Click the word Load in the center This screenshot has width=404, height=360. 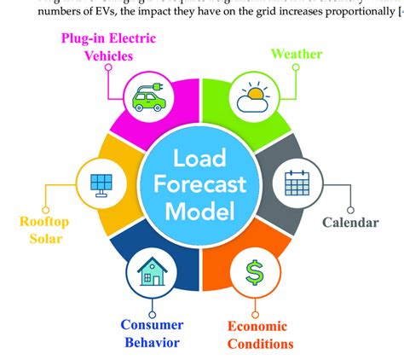(x=201, y=160)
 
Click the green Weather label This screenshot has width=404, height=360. (x=297, y=54)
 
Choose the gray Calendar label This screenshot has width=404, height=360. (x=350, y=224)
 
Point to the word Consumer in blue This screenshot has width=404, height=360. (x=150, y=324)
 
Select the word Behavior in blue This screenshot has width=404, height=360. (x=150, y=342)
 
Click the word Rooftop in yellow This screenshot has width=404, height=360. (x=43, y=223)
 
